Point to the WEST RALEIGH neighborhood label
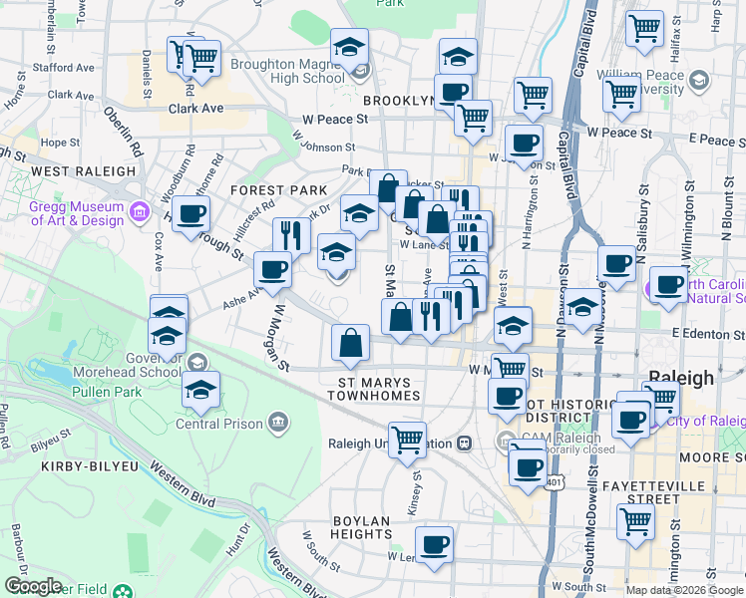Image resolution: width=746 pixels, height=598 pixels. [x=84, y=170]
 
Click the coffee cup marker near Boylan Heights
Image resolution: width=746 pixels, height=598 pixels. [x=434, y=546]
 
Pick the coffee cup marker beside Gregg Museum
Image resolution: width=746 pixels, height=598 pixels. [x=190, y=212]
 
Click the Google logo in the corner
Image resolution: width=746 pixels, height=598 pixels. [x=32, y=586]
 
